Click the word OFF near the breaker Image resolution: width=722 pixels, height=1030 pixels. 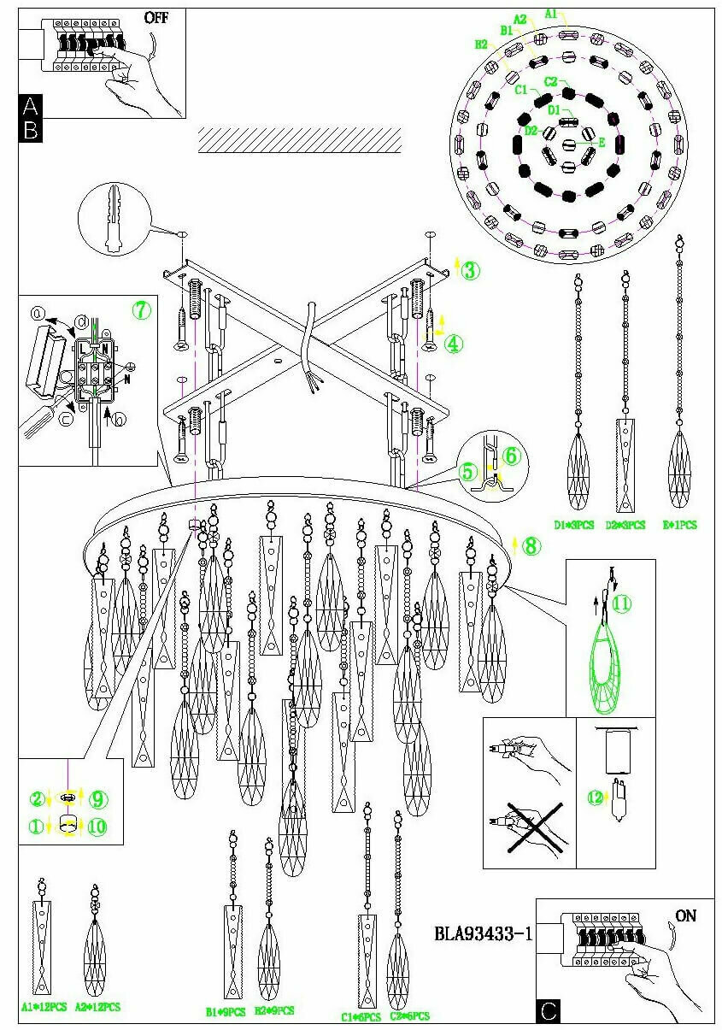(x=156, y=17)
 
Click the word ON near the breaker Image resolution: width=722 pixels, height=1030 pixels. (x=685, y=916)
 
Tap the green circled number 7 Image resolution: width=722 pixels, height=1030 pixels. (x=141, y=309)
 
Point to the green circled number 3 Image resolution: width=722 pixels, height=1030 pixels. (x=470, y=271)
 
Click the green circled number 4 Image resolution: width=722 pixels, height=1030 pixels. (x=454, y=344)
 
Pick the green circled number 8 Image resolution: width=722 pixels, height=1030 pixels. (x=531, y=545)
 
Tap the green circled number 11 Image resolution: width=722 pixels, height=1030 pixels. (x=621, y=603)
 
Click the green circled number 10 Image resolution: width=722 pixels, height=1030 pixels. (x=97, y=827)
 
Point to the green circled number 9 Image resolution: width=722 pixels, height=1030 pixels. (x=97, y=799)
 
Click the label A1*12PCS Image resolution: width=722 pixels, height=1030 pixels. (x=44, y=1008)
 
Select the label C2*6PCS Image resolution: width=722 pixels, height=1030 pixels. (x=409, y=1015)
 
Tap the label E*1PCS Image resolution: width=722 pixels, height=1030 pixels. (x=681, y=525)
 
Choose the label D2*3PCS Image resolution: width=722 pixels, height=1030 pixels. (x=625, y=525)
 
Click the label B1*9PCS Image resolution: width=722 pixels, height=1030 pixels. (x=225, y=1011)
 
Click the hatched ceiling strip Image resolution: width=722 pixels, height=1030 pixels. (x=300, y=140)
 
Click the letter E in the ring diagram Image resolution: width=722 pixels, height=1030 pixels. (x=602, y=144)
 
